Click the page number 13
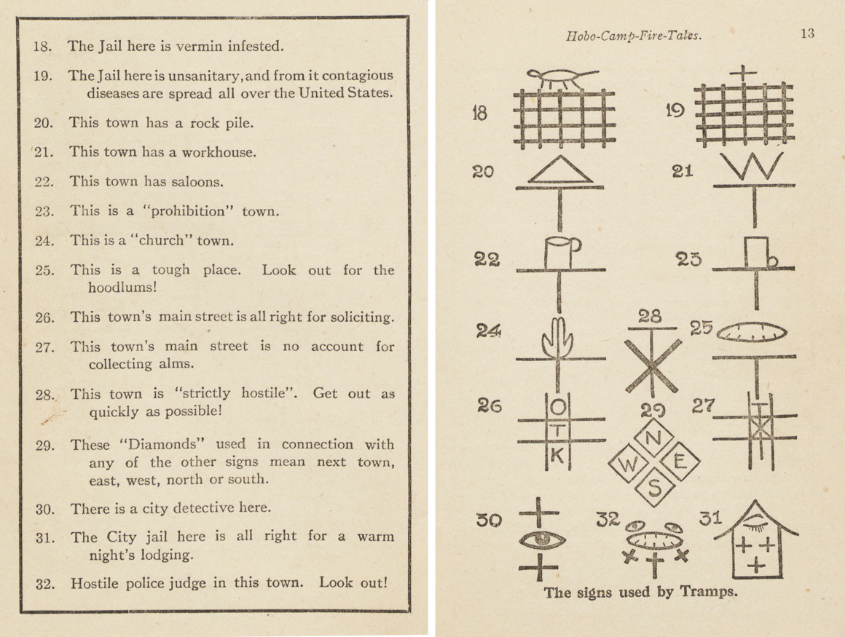pos(806,33)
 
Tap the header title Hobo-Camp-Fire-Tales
pos(633,35)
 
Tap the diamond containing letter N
pos(653,438)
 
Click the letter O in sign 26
pos(558,405)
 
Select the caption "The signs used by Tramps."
pos(641,592)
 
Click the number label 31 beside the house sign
pos(710,518)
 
